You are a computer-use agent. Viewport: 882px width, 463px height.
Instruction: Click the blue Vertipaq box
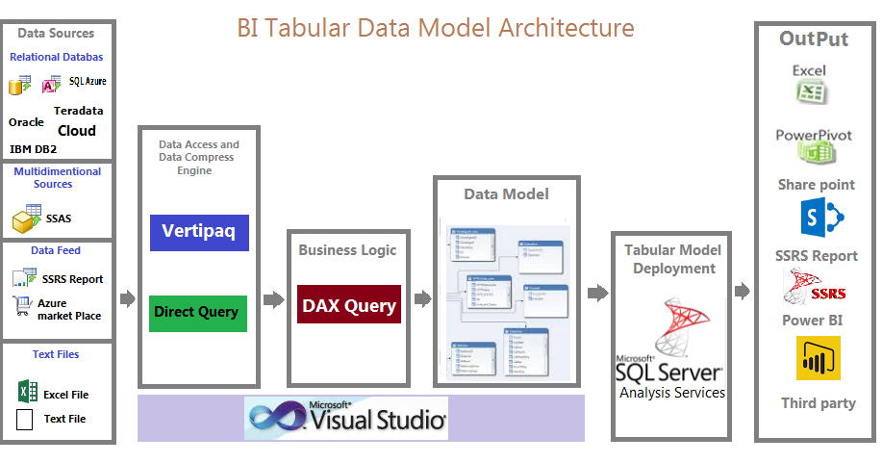(199, 232)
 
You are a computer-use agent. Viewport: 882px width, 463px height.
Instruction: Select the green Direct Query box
(199, 313)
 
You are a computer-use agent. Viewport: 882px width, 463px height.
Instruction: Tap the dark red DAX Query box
(349, 305)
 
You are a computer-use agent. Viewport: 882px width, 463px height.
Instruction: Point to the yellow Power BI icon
(818, 358)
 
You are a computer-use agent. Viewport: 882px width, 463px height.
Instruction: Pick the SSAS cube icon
(26, 218)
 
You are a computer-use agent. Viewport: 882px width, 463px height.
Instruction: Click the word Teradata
(79, 111)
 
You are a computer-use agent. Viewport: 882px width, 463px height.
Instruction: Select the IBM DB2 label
(34, 149)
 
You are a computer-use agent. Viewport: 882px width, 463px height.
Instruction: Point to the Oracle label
(26, 122)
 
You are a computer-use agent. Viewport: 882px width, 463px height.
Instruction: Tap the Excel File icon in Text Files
(27, 392)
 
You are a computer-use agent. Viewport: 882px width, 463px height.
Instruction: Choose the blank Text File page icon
(26, 419)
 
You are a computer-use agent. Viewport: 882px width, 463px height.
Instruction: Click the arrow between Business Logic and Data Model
(420, 299)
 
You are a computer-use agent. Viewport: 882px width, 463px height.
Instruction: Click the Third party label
(818, 403)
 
